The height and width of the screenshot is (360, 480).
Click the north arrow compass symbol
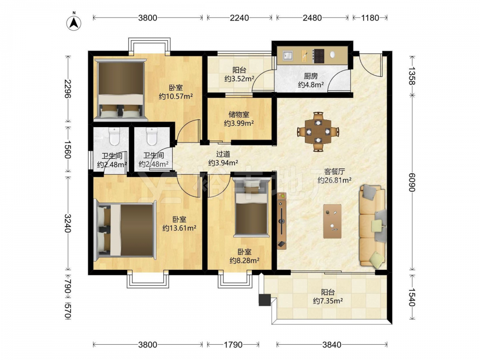click(73, 23)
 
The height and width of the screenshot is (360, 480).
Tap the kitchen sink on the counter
click(288, 56)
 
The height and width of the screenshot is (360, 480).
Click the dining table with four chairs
click(318, 132)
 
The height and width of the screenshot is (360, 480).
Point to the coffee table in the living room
click(333, 221)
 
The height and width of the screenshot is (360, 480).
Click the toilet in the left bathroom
click(114, 136)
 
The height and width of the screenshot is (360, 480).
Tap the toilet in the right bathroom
click(151, 136)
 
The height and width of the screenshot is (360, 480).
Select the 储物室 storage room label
click(239, 115)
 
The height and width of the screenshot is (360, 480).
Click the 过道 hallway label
click(223, 154)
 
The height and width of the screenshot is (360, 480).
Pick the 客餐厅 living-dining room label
click(334, 171)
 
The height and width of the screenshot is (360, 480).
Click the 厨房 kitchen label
click(311, 76)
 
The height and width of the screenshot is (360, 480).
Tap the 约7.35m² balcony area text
click(327, 301)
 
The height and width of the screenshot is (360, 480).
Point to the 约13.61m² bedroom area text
click(179, 228)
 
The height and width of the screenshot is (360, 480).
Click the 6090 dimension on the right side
click(412, 182)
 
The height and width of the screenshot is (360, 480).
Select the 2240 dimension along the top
click(240, 18)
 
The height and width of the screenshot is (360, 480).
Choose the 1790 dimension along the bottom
click(233, 345)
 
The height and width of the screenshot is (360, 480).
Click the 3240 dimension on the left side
click(68, 224)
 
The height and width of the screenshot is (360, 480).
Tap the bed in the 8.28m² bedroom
click(252, 207)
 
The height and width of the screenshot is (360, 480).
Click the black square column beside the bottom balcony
click(265, 300)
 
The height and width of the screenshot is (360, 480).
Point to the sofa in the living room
click(372, 226)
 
